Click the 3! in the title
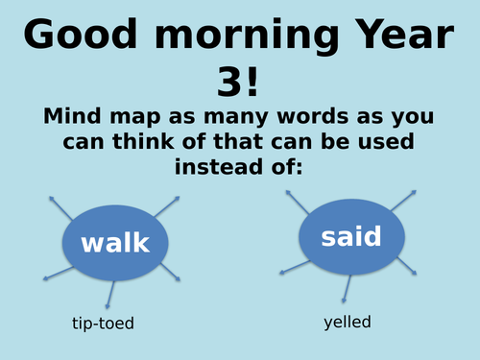pyautogui.click(x=240, y=83)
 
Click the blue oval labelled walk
pyautogui.click(x=115, y=242)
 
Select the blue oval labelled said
pyautogui.click(x=351, y=236)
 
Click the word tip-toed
pyautogui.click(x=103, y=324)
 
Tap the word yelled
pyautogui.click(x=347, y=323)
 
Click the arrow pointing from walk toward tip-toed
pyautogui.click(x=109, y=293)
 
